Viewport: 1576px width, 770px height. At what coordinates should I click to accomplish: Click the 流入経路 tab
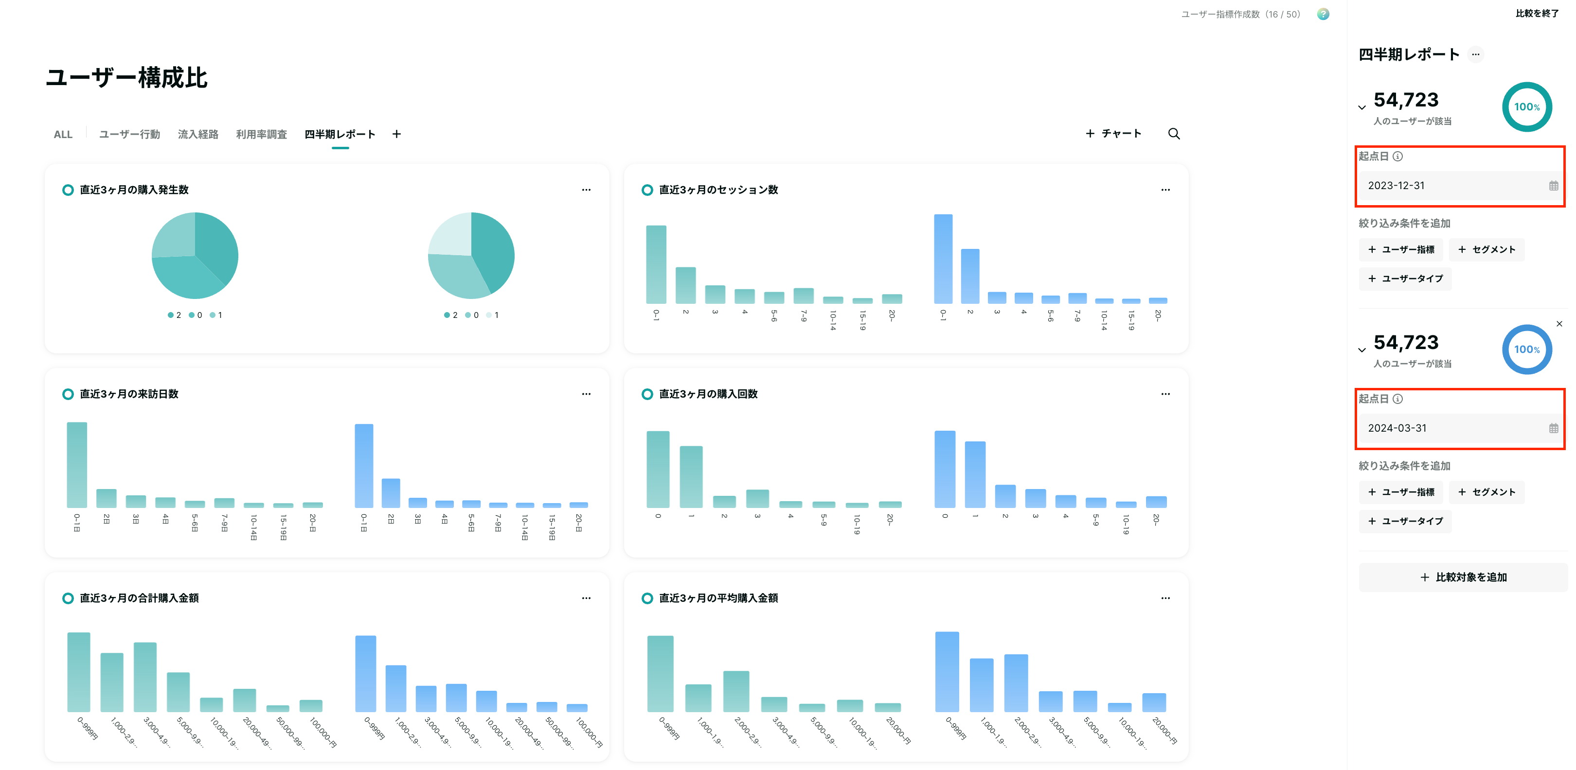pyautogui.click(x=197, y=134)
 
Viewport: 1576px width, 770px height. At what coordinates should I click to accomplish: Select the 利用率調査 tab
pyautogui.click(x=261, y=134)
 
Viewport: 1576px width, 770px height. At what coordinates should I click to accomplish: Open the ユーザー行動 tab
pyautogui.click(x=130, y=134)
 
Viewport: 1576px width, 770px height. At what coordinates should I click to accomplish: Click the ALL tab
pyautogui.click(x=63, y=135)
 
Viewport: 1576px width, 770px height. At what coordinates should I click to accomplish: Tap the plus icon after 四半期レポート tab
pyautogui.click(x=396, y=134)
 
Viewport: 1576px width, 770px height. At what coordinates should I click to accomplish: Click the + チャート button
pyautogui.click(x=1113, y=133)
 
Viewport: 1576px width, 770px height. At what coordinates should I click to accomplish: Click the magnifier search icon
pyautogui.click(x=1173, y=133)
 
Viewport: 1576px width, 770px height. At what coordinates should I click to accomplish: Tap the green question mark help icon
pyautogui.click(x=1323, y=14)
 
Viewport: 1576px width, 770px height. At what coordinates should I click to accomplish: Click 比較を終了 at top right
pyautogui.click(x=1537, y=14)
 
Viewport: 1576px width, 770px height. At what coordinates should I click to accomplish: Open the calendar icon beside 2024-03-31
pyautogui.click(x=1553, y=428)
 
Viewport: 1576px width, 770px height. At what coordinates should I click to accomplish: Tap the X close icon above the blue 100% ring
pyautogui.click(x=1559, y=324)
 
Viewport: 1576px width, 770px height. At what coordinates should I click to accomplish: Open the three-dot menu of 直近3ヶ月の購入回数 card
pyautogui.click(x=1165, y=394)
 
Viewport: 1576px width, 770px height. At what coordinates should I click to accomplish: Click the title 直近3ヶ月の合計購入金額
pyautogui.click(x=139, y=598)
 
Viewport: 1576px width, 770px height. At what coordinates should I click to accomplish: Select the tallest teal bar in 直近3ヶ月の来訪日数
pyautogui.click(x=76, y=465)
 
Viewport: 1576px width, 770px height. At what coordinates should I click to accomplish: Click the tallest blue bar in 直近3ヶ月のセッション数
pyautogui.click(x=943, y=259)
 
